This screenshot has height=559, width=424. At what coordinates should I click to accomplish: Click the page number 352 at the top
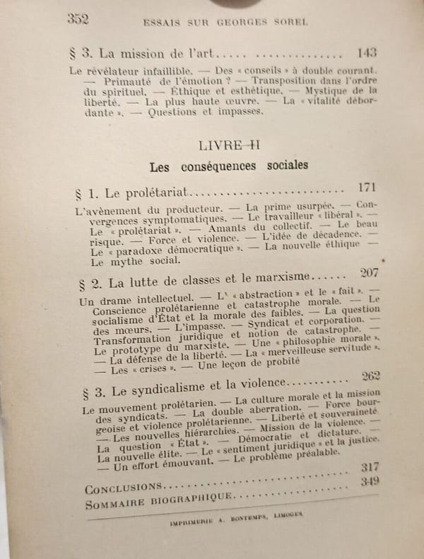point(77,18)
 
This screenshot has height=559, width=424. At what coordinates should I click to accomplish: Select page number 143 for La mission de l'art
point(367,52)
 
